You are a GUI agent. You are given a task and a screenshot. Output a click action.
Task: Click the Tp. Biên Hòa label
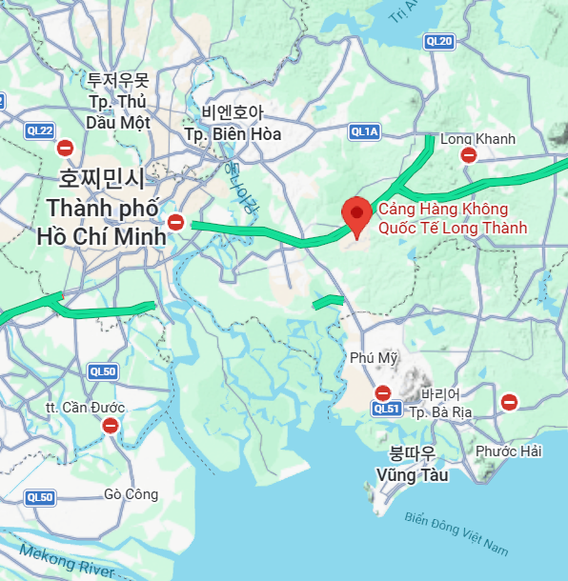(233, 133)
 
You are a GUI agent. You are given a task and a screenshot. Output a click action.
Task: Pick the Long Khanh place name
(477, 139)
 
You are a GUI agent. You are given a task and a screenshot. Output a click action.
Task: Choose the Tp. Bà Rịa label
(440, 412)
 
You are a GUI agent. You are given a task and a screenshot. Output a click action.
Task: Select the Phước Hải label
(509, 451)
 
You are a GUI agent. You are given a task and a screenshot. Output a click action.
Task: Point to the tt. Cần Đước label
(85, 408)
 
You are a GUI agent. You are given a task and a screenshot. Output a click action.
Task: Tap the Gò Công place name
(130, 493)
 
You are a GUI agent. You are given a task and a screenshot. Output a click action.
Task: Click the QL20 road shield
(439, 40)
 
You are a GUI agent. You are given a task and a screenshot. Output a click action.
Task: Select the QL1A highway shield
(364, 131)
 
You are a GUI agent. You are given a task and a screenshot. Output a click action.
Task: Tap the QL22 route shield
(39, 131)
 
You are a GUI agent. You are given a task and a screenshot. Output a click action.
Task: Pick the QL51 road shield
(386, 409)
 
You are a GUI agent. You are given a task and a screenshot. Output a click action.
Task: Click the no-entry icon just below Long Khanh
(468, 155)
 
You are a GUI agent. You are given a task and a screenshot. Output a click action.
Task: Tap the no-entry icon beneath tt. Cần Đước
(111, 426)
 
